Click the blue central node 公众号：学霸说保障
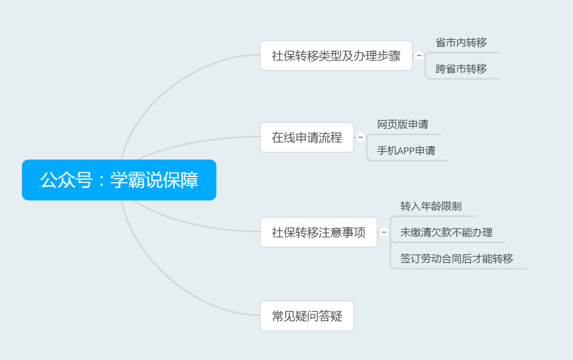[119, 180]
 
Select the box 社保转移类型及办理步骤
[336, 56]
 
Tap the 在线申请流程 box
[307, 137]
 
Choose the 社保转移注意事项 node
[318, 232]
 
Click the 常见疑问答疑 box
[307, 317]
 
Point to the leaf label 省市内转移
[461, 43]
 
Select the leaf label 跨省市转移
[461, 69]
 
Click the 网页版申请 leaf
[403, 125]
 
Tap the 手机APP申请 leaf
[406, 151]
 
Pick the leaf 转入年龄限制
[431, 206]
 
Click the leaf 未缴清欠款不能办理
[446, 232]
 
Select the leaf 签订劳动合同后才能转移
[457, 259]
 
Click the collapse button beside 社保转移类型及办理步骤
[419, 56]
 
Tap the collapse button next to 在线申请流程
[361, 137]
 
